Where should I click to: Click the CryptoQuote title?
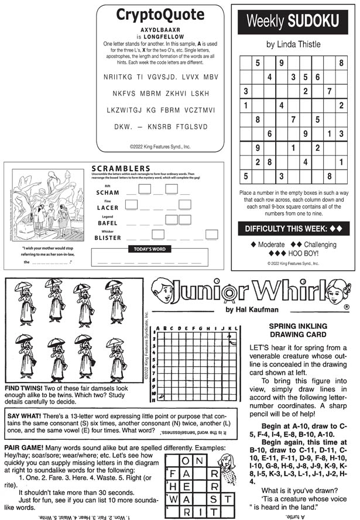160,15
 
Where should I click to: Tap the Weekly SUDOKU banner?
293,22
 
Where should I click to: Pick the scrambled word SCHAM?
107,192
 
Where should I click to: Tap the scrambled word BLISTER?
107,238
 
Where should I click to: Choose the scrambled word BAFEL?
107,223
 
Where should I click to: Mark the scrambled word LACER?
107,208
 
